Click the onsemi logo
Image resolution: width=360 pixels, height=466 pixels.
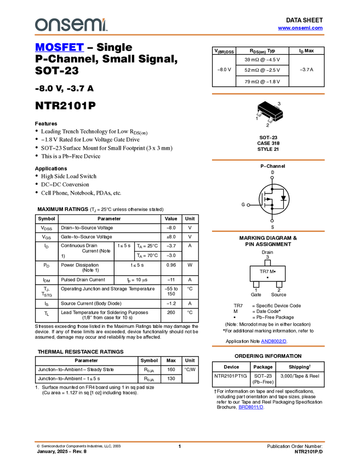tap(71, 25)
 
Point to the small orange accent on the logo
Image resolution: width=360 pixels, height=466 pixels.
tap(104, 19)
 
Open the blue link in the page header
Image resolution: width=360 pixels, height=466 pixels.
tap(300, 28)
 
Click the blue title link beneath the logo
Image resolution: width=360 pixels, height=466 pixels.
tap(59, 48)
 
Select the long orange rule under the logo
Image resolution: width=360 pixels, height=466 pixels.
tap(180, 35)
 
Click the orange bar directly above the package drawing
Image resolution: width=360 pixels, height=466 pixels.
tap(268, 94)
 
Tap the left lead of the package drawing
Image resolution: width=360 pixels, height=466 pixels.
tap(260, 114)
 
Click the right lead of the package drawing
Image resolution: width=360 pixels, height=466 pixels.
tap(271, 120)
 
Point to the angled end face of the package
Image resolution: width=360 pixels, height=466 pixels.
tap(279, 113)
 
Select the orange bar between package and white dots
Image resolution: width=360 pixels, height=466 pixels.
tap(268, 160)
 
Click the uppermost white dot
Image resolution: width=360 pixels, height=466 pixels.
tap(272, 178)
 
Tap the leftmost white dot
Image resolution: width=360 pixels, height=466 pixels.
tap(248, 205)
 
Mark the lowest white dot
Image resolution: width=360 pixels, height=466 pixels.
tap(272, 221)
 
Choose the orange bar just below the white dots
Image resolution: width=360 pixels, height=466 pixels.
tap(268, 231)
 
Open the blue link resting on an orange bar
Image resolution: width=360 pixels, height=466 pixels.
tap(273, 341)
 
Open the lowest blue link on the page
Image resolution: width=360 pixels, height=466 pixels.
tap(250, 407)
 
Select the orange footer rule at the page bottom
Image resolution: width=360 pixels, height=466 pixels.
tap(180, 441)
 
